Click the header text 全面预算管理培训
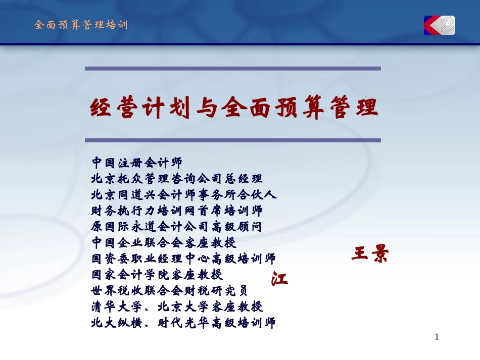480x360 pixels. click(81, 25)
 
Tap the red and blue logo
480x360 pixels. click(439, 25)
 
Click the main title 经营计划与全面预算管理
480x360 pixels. click(234, 108)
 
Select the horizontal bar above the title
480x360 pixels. click(232, 68)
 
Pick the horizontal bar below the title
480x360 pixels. click(232, 140)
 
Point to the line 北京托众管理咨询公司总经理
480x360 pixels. click(177, 179)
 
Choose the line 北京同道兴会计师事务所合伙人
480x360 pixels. click(184, 195)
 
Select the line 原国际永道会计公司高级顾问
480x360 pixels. click(177, 227)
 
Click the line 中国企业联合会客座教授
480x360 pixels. click(164, 243)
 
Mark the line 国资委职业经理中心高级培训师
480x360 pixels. click(184, 259)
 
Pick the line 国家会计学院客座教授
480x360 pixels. click(157, 275)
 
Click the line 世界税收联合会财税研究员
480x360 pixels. click(170, 291)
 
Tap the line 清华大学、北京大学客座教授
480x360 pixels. click(177, 306)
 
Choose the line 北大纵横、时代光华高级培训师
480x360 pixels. click(184, 323)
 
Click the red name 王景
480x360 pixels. click(369, 254)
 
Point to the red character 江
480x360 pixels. click(279, 279)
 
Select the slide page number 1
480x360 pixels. click(437, 337)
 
